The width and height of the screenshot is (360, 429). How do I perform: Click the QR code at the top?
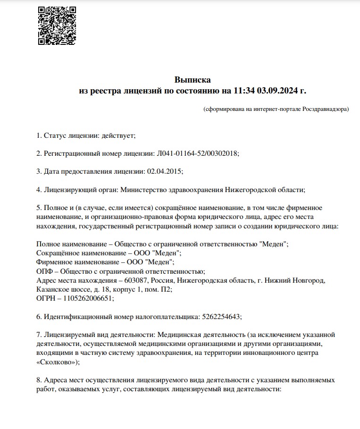57,26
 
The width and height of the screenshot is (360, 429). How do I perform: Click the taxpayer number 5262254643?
221,317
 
